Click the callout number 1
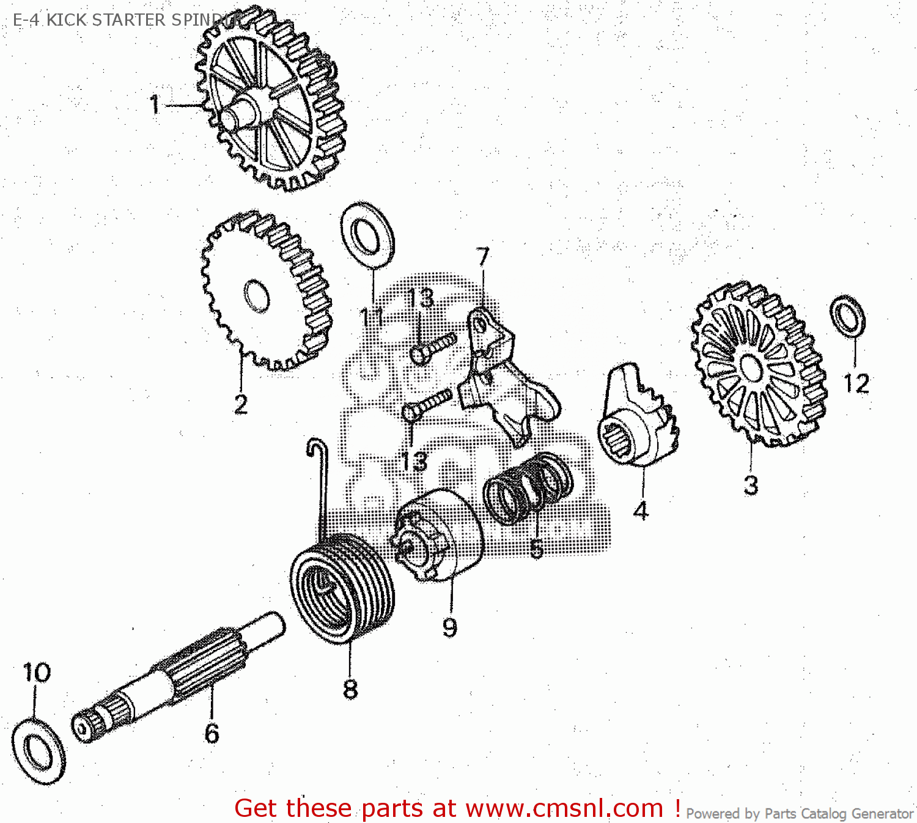click(155, 104)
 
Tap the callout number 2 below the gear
click(241, 404)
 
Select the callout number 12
click(856, 383)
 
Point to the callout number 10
click(37, 673)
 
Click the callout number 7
click(484, 256)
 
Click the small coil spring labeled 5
click(527, 489)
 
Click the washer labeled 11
click(367, 235)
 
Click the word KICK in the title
click(66, 20)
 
